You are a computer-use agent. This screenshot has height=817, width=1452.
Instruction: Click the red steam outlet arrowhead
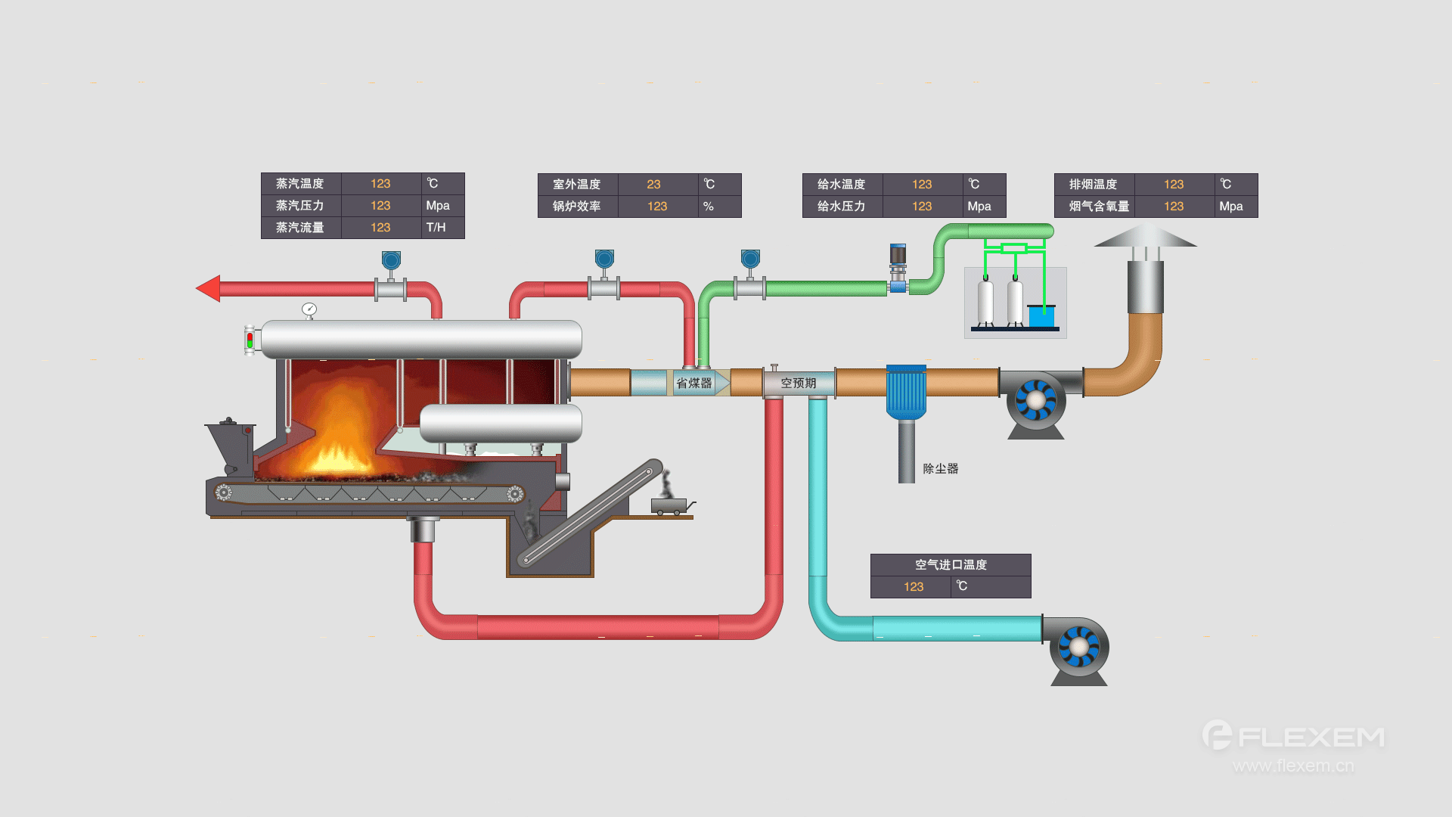pyautogui.click(x=209, y=288)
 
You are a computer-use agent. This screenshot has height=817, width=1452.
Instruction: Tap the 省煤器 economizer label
pyautogui.click(x=693, y=383)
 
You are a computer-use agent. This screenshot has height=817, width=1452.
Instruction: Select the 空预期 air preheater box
pyautogui.click(x=799, y=383)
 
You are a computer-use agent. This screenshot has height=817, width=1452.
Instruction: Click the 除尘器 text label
pyautogui.click(x=940, y=468)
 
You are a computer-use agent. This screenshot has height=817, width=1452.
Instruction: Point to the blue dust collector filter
pyautogui.click(x=906, y=391)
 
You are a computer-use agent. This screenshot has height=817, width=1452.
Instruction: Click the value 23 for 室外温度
pyautogui.click(x=653, y=185)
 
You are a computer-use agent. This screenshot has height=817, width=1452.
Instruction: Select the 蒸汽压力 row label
pyautogui.click(x=300, y=206)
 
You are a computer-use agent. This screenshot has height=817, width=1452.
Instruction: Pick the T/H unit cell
pyautogui.click(x=436, y=228)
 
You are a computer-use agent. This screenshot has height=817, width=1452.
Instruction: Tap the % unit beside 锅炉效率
pyautogui.click(x=709, y=207)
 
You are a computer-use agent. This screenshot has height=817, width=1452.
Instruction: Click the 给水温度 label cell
pyautogui.click(x=842, y=185)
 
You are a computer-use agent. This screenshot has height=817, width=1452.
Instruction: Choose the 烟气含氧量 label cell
pyautogui.click(x=1099, y=207)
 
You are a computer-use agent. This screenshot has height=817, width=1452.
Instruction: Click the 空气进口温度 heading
pyautogui.click(x=951, y=565)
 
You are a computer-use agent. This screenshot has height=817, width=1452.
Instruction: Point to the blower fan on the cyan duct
pyautogui.click(x=1078, y=648)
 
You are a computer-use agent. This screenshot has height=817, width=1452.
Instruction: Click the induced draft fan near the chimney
pyautogui.click(x=1035, y=400)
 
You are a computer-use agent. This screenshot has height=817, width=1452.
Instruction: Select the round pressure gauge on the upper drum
pyautogui.click(x=309, y=309)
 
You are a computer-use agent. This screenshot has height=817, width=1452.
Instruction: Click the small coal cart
pyautogui.click(x=669, y=505)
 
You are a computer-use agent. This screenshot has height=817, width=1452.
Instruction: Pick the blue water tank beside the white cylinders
pyautogui.click(x=1041, y=316)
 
